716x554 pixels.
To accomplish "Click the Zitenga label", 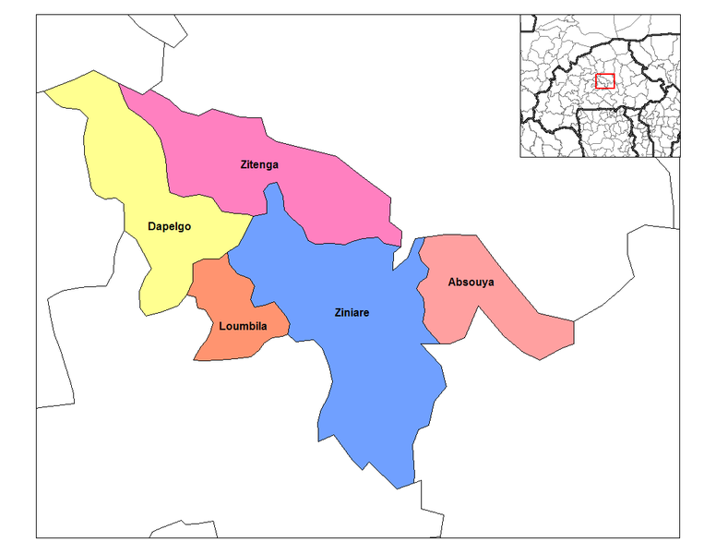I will (x=259, y=165).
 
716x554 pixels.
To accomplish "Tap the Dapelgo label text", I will (x=169, y=226).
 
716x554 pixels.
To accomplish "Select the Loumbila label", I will (x=243, y=326).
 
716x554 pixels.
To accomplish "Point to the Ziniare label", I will (x=352, y=313).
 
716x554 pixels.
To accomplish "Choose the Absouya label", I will (x=471, y=283).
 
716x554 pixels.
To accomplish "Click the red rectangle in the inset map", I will (x=604, y=81).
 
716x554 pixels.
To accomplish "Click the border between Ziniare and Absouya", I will (x=423, y=305).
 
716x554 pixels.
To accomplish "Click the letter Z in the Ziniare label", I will (x=338, y=313).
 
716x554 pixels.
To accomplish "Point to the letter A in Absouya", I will (x=451, y=283).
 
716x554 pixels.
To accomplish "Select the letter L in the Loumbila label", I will (x=222, y=326).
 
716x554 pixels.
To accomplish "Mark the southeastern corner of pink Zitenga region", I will (x=401, y=242).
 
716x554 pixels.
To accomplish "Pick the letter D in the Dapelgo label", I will (x=151, y=226).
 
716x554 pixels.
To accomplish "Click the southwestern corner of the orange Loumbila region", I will (x=194, y=358).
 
